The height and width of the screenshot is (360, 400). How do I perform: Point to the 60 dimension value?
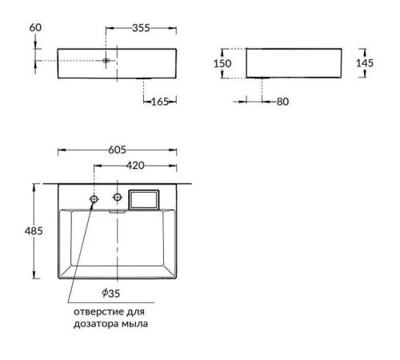click(36, 29)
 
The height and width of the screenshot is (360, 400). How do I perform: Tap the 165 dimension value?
click(162, 101)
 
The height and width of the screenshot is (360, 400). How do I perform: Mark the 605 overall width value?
click(118, 150)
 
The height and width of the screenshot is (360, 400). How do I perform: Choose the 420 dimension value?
click(135, 166)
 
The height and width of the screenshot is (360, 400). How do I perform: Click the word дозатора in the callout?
click(94, 324)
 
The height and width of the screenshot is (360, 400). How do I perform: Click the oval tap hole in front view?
click(106, 60)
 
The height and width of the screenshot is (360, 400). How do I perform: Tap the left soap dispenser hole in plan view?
click(94, 197)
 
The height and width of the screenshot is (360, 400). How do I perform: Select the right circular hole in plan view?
click(118, 196)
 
